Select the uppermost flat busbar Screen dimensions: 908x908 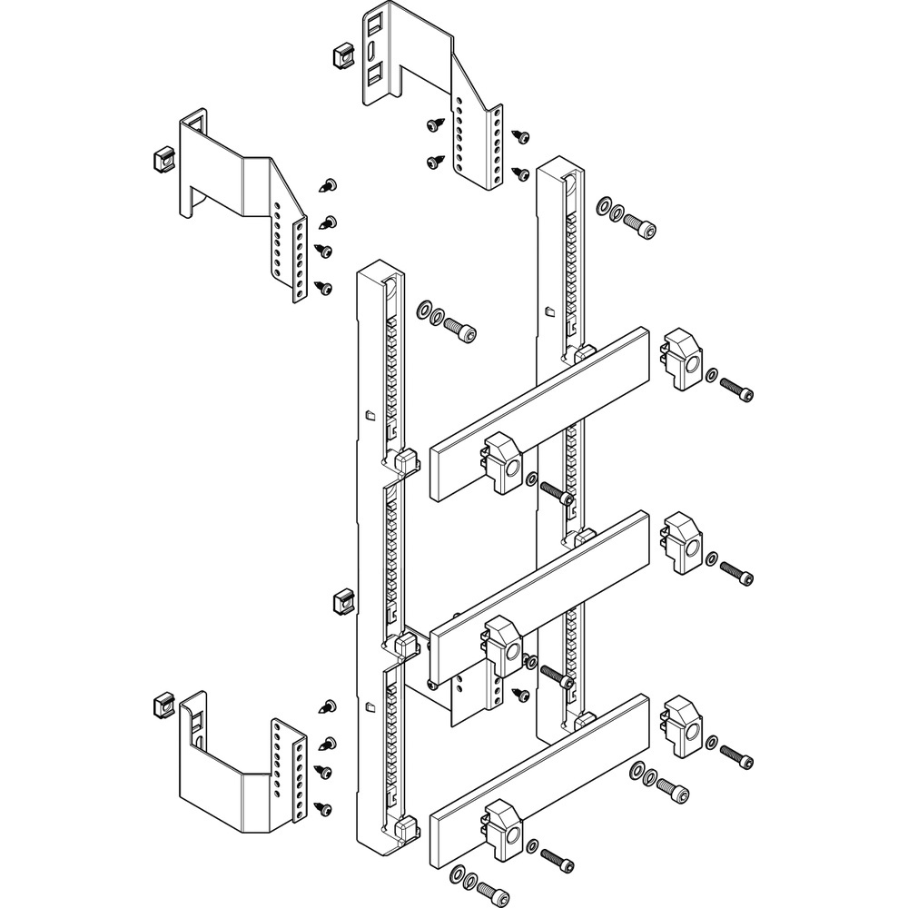click(540, 413)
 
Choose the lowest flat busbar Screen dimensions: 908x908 click(540, 776)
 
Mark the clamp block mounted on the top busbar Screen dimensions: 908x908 click(501, 463)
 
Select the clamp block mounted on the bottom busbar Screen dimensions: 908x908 click(501, 831)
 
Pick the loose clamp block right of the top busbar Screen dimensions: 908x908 click(682, 360)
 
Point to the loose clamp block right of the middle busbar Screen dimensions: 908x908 click(682, 543)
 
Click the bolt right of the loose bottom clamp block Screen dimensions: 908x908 click(738, 754)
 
